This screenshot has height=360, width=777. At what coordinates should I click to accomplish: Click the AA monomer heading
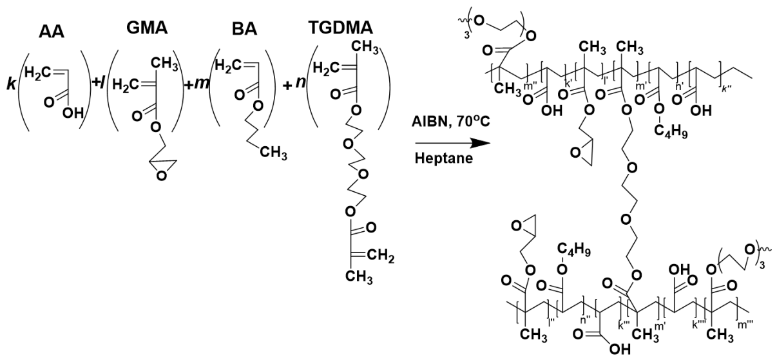[52, 32]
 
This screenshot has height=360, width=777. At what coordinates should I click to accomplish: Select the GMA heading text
[147, 28]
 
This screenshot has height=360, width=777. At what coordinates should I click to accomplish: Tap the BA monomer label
[245, 30]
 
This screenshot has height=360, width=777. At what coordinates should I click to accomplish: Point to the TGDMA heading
[341, 28]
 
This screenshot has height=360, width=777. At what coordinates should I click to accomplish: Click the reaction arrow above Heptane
[453, 143]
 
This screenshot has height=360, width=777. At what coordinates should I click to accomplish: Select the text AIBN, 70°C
[451, 122]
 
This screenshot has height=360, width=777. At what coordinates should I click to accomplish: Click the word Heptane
[444, 158]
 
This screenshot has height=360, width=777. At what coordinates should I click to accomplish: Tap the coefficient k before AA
[12, 84]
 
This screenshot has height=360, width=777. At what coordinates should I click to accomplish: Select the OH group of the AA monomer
[73, 113]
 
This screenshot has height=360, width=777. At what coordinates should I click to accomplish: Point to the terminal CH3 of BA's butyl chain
[274, 153]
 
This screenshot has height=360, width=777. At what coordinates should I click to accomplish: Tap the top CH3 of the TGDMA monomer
[365, 47]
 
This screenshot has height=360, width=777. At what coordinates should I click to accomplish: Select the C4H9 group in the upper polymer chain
[671, 131]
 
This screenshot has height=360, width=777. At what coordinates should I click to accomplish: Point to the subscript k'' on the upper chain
[726, 89]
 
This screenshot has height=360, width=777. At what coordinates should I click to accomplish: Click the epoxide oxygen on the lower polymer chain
[517, 226]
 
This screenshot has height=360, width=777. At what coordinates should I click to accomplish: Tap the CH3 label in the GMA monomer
[165, 64]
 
